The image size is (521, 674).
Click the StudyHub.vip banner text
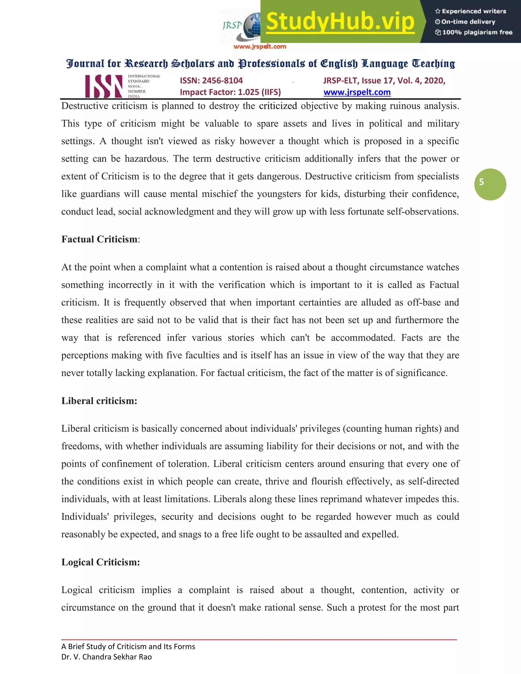click(340, 22)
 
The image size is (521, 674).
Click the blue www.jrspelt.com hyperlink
click(357, 92)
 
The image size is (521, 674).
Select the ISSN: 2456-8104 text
click(211, 81)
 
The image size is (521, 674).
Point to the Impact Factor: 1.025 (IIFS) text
click(230, 92)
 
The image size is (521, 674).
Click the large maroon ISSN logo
click(104, 86)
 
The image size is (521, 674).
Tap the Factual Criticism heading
click(99, 239)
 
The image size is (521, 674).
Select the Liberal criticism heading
click(99, 401)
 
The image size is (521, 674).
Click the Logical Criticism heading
click(100, 562)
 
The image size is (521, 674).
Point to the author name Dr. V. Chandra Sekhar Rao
click(107, 657)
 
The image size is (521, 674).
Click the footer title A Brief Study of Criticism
click(128, 647)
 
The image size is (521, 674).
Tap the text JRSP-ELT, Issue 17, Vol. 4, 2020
click(384, 81)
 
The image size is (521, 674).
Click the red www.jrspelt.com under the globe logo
click(259, 47)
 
